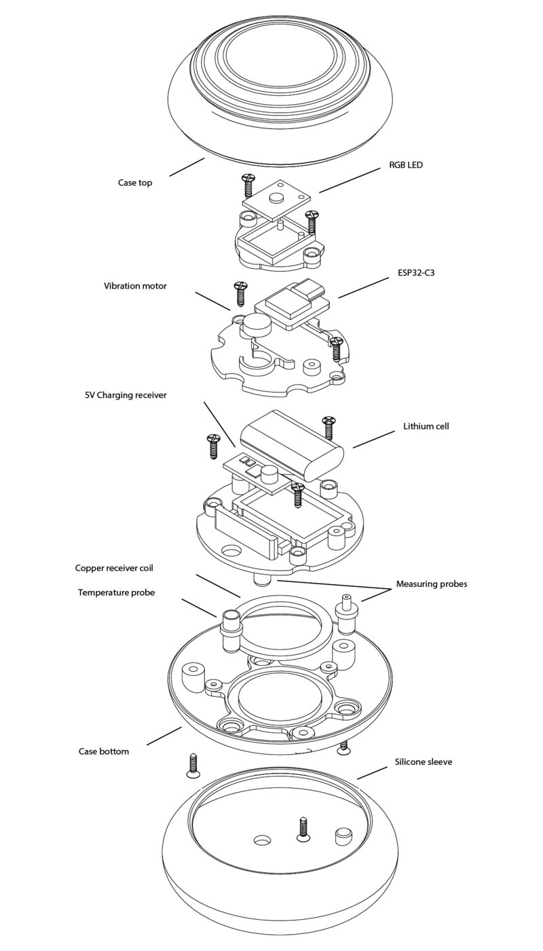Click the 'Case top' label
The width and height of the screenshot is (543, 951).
[x=135, y=183]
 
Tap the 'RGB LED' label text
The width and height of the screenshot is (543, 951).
[x=406, y=164]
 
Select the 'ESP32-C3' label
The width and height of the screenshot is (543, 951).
[x=415, y=272]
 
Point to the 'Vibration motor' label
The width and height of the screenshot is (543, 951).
[x=135, y=286]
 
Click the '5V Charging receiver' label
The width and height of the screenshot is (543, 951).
[x=126, y=395]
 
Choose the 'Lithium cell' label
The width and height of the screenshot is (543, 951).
[x=426, y=427]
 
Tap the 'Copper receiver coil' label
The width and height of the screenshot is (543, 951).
[x=114, y=568]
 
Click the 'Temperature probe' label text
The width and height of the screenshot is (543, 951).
[x=116, y=592]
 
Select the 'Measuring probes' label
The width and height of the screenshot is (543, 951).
[x=432, y=584]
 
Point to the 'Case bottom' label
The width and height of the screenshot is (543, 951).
[x=103, y=751]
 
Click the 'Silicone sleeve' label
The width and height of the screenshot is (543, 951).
[x=424, y=761]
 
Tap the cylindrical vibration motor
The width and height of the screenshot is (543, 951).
[x=256, y=324]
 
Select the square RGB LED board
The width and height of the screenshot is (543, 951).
[x=279, y=198]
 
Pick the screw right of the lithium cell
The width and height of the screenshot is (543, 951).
[x=329, y=427]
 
